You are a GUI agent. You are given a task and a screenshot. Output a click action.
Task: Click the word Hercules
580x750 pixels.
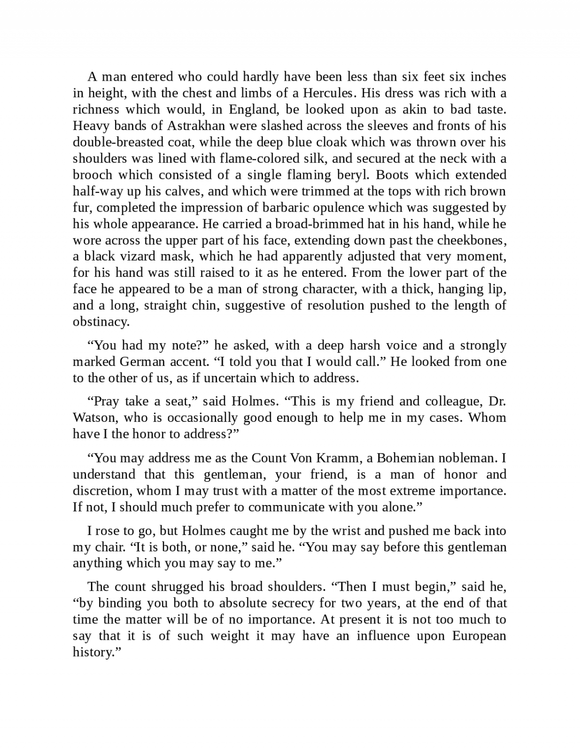(330, 93)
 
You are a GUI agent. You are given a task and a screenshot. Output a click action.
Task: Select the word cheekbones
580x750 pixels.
(471, 240)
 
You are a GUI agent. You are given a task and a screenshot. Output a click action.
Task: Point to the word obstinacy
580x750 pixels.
(101, 321)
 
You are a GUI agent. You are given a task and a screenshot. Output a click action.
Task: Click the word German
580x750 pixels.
(142, 361)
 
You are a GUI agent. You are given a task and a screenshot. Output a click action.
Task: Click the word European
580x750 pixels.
(479, 635)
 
